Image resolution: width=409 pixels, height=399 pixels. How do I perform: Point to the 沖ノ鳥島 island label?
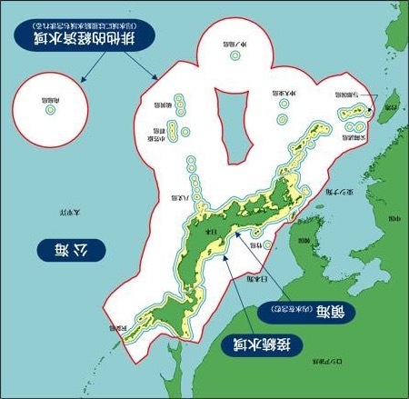[x=234, y=40]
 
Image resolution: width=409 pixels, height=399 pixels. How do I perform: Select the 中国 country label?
[x=387, y=219]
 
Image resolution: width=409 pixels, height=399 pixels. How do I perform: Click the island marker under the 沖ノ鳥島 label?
[x=234, y=54]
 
